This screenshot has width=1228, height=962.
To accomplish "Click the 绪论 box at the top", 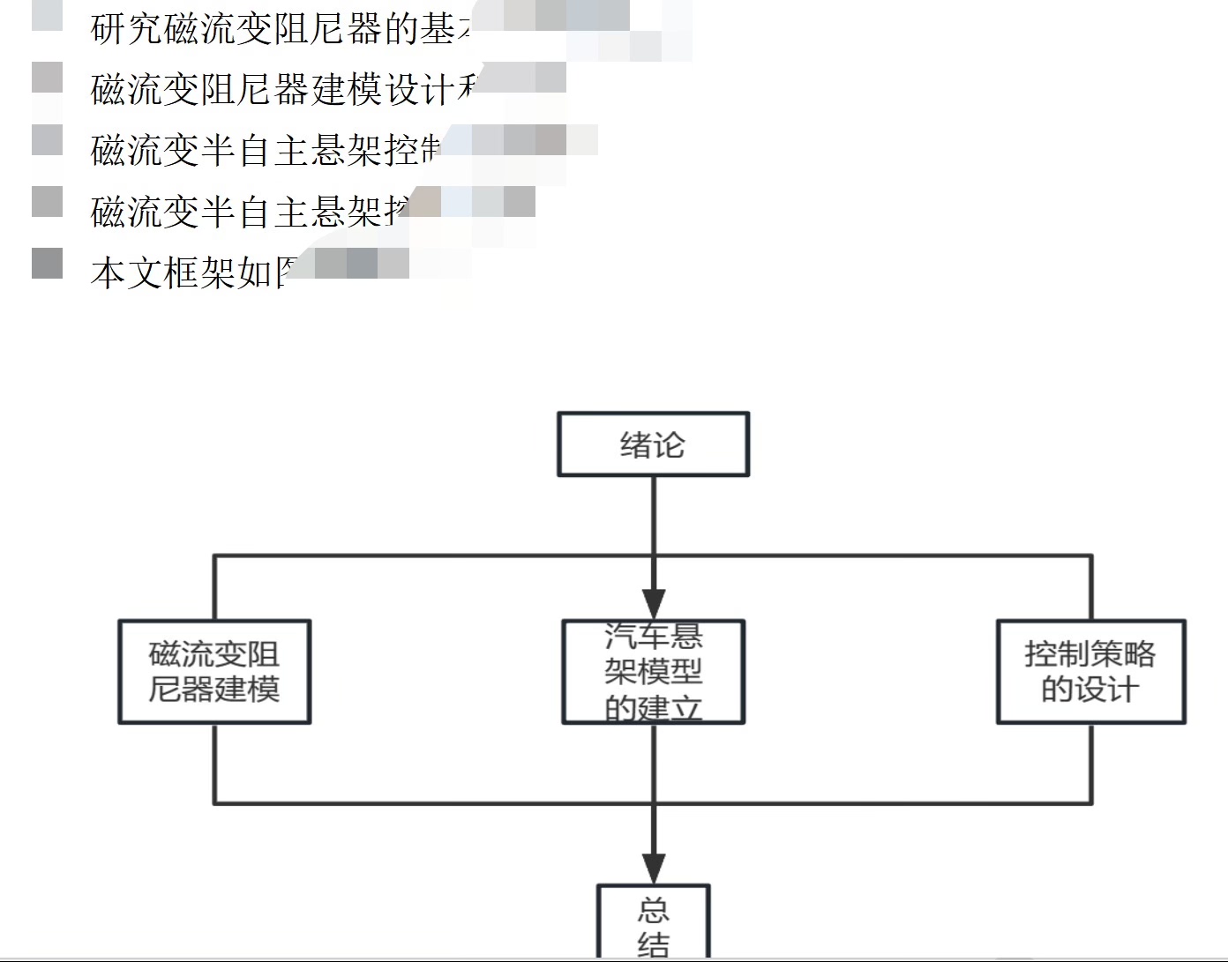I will point(653,444).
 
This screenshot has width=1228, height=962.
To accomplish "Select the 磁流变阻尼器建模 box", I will point(214,672).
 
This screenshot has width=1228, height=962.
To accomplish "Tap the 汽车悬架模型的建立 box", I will point(653,672).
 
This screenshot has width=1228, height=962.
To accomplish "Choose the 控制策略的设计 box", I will point(1090,672).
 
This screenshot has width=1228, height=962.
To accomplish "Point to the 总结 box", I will point(653,921).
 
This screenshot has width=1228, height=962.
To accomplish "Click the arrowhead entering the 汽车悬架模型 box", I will point(653,605).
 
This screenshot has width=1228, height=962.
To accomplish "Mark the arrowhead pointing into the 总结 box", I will point(653,869).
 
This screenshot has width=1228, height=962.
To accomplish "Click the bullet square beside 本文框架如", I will point(47,263).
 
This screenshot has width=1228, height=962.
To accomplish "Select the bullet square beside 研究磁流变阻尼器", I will point(47,16).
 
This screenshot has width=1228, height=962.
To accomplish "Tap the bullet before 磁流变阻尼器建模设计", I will point(47,78).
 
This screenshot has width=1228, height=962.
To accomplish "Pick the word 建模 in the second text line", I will point(347,90).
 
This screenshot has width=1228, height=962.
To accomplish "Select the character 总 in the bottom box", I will point(653,909).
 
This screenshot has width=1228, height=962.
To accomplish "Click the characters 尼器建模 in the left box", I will point(214,690).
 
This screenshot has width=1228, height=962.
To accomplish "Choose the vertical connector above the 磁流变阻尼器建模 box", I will point(214,588).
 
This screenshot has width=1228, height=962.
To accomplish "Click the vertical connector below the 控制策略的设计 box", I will point(1091,764).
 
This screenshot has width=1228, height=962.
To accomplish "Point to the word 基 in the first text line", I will point(438,29).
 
